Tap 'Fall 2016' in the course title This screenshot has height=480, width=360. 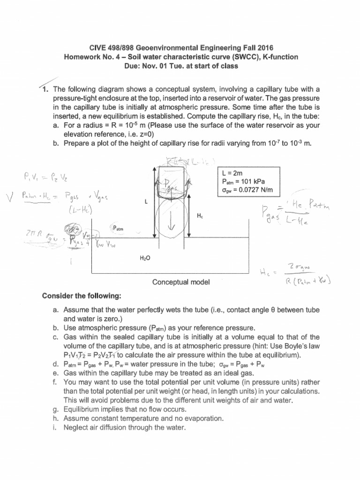(x=257, y=48)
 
